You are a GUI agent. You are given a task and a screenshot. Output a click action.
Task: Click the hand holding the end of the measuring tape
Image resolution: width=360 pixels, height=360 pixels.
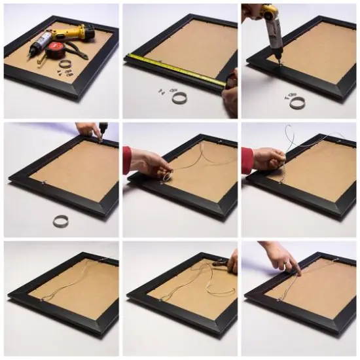click(230, 91)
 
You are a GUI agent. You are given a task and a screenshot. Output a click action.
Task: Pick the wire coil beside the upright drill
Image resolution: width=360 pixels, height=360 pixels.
click(298, 102)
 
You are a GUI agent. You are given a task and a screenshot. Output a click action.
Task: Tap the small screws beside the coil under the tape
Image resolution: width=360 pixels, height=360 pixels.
click(161, 92)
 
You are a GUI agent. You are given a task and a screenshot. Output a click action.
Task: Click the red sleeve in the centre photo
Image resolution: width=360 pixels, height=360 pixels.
click(126, 160)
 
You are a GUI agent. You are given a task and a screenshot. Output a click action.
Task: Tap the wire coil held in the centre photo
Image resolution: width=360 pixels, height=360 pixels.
click(166, 175)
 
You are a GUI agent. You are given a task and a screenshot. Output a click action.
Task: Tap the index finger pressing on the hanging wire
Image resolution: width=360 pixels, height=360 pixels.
click(296, 270)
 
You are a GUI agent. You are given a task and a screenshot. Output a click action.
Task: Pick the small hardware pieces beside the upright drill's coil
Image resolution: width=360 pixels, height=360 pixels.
click(287, 96)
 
